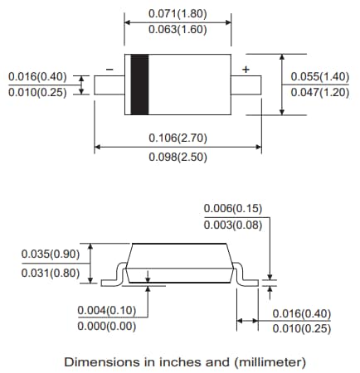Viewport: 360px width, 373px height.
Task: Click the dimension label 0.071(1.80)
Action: coord(178,14)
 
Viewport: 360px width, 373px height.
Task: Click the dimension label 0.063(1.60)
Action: coord(178,31)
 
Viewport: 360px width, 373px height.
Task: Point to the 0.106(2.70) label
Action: coord(178,138)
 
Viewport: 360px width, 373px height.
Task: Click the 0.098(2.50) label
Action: coord(178,156)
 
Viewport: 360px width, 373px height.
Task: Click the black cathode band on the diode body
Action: coord(139,85)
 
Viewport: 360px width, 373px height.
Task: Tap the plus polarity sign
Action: coord(245,68)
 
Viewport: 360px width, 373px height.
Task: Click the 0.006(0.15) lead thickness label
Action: coord(233,209)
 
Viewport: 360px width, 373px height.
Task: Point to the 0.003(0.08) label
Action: coord(233,225)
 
